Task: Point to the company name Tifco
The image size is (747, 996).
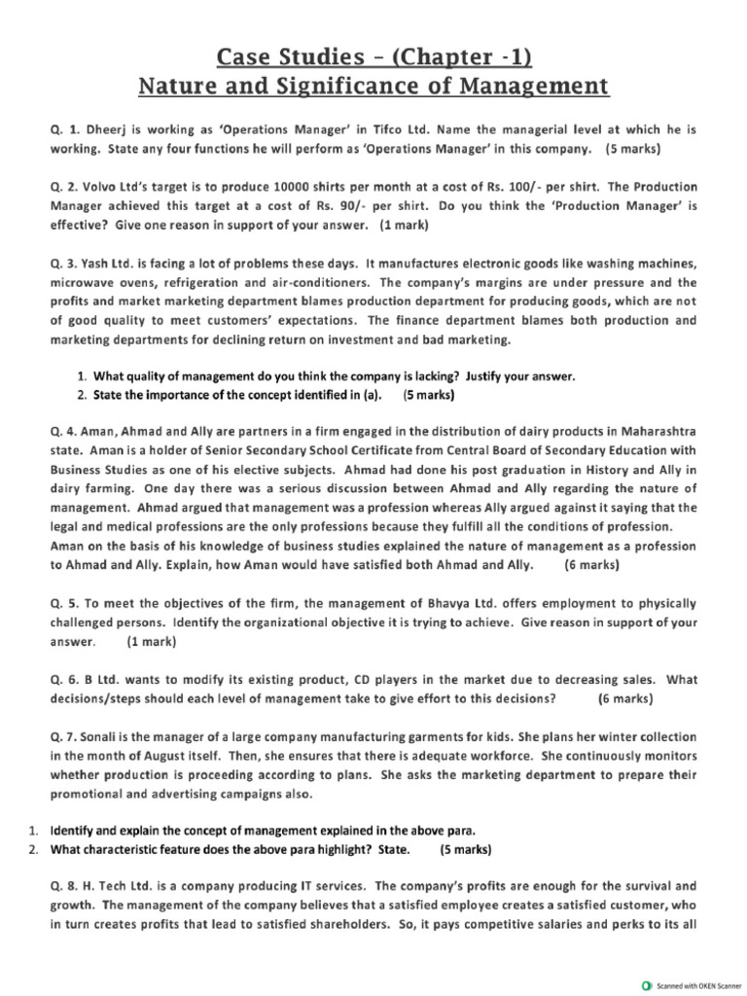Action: pos(367,129)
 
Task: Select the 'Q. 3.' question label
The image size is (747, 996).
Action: pos(64,263)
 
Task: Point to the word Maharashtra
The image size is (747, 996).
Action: pos(653,430)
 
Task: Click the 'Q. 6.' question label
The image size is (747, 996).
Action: pos(64,680)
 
